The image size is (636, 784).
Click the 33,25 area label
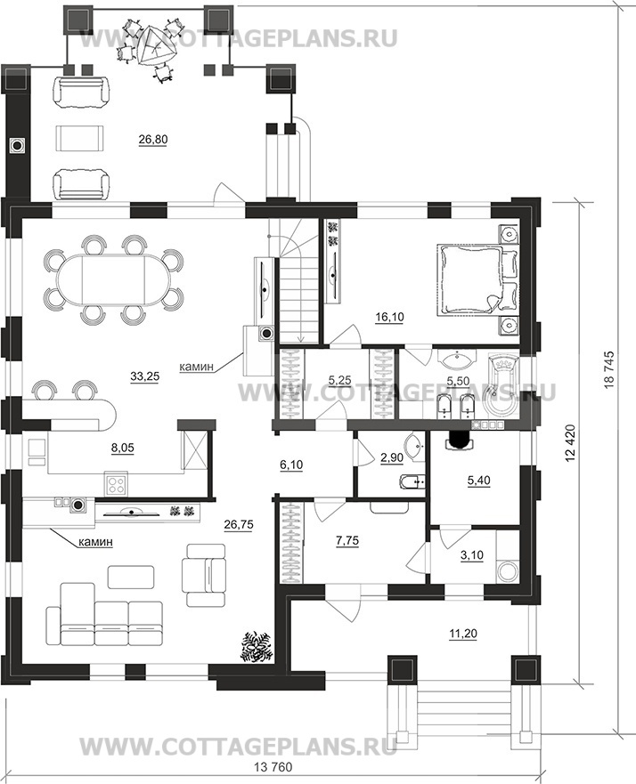coord(144,377)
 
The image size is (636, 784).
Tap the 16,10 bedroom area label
coord(389,317)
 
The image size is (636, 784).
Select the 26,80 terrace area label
coord(153,140)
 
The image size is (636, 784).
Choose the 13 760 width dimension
coord(273,767)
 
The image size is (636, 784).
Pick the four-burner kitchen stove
coord(117,483)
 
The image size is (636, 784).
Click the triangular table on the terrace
coord(157,46)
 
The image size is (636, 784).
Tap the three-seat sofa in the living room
coord(104,613)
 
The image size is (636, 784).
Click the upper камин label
coord(197,367)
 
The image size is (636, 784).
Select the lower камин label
coord(95,541)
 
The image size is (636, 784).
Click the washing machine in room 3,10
coord(509,570)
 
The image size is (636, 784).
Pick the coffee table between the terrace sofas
coord(81,138)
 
